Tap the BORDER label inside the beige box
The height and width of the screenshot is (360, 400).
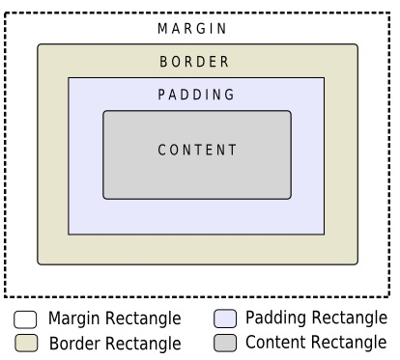[x=194, y=62]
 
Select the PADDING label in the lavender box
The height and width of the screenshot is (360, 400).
[x=196, y=95]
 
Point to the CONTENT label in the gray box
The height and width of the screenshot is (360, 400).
[x=197, y=150]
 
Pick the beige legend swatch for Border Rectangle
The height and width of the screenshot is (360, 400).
[x=26, y=344]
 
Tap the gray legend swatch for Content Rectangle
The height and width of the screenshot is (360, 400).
[x=225, y=343]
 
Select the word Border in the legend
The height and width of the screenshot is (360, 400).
[x=72, y=344]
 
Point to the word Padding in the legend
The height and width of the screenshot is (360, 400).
[x=274, y=318]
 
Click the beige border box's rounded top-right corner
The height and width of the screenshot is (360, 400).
[x=356, y=46]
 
